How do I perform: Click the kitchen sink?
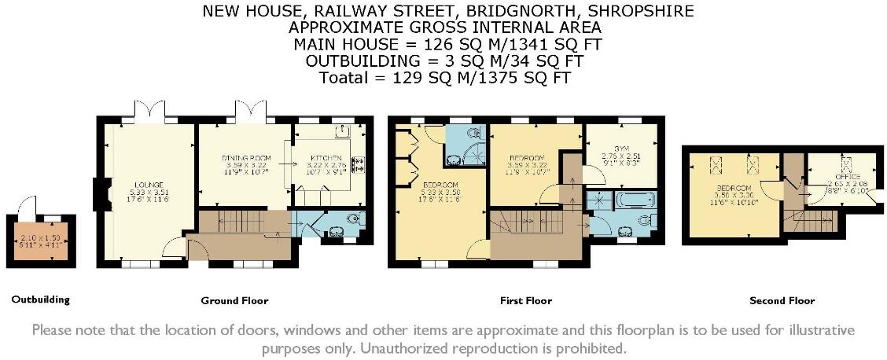343,131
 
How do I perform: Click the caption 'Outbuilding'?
40,299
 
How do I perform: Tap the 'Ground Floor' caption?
234,300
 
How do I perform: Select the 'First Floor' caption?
525,300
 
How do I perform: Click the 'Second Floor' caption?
782,300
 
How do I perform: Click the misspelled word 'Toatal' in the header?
343,78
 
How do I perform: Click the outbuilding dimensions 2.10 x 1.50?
39,237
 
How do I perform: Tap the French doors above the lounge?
149,112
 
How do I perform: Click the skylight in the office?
846,165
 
